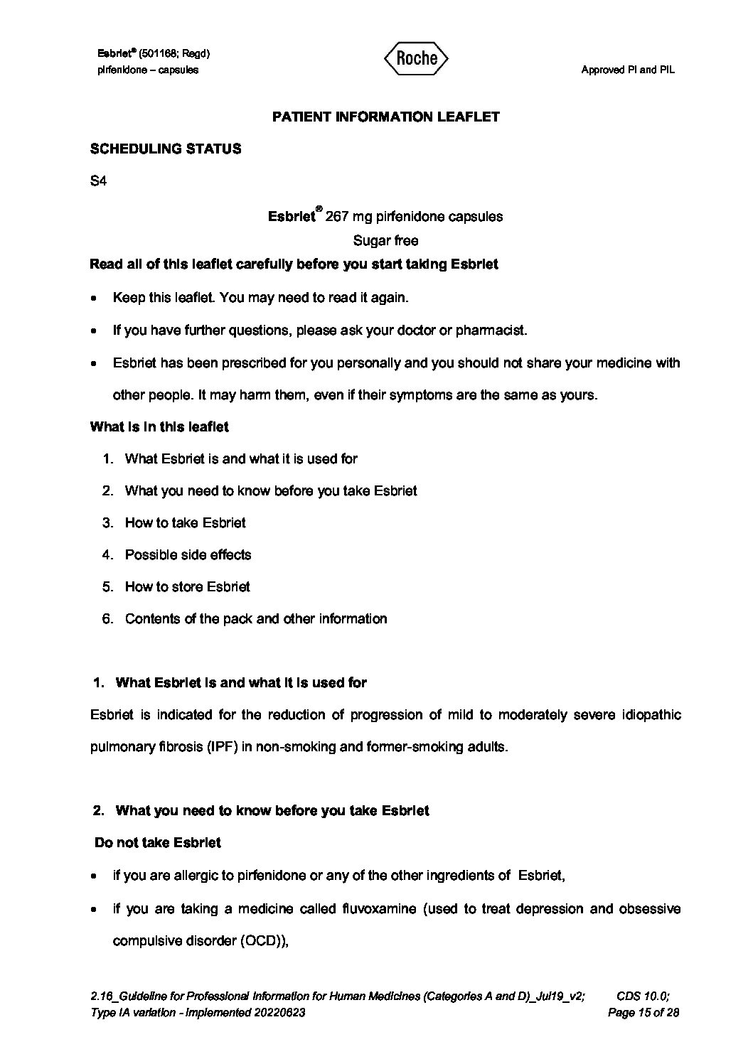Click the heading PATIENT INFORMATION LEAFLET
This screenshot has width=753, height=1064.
click(385, 117)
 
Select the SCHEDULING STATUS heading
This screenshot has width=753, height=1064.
click(165, 149)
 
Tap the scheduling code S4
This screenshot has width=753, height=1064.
click(98, 181)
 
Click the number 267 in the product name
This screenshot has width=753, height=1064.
click(336, 217)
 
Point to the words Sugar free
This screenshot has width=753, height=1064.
click(385, 240)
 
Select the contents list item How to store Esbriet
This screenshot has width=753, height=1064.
click(187, 587)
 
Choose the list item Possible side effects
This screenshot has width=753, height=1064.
click(188, 555)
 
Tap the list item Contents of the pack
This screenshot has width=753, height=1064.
click(255, 619)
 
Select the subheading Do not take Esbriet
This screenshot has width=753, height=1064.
click(157, 843)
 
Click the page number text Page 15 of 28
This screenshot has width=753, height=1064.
click(643, 1013)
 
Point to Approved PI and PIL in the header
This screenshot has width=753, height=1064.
click(627, 70)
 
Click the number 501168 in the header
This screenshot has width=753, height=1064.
click(164, 54)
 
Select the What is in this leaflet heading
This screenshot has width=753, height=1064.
click(159, 427)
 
